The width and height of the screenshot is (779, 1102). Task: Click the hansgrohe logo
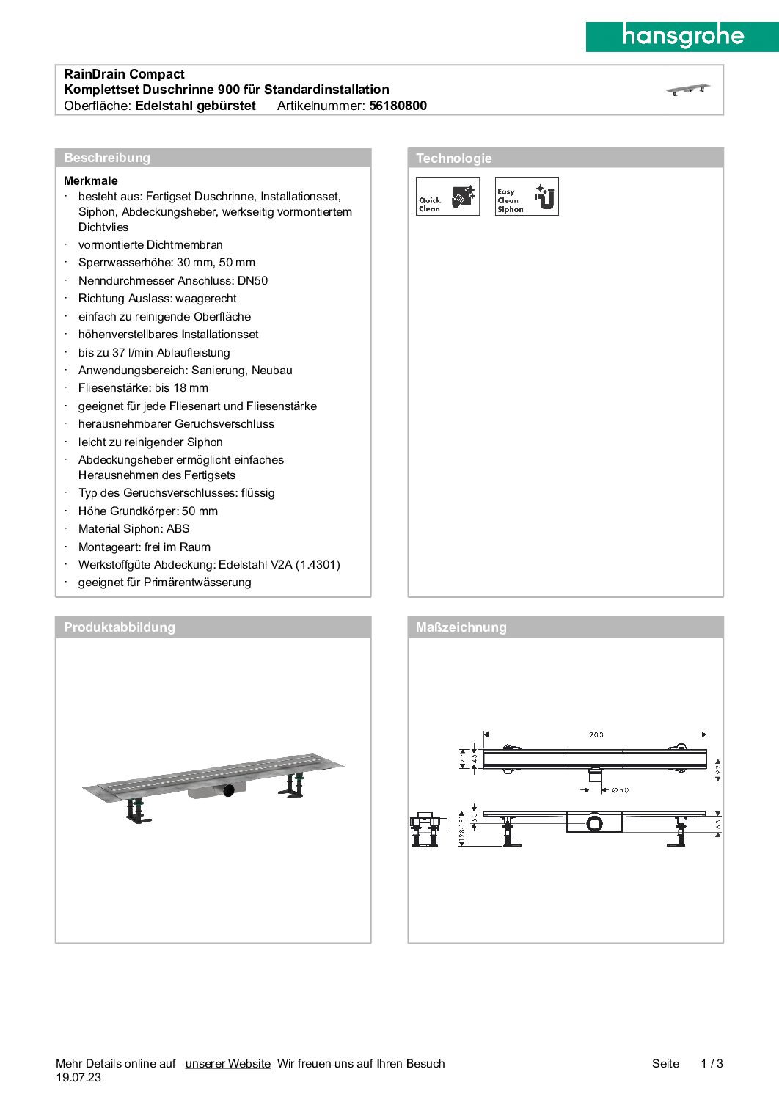(682, 36)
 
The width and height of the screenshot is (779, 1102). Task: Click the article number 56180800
(398, 106)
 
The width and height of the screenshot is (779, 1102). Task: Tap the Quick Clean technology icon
(447, 196)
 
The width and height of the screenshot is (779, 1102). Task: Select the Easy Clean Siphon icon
(527, 196)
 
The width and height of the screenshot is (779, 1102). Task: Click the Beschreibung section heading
(107, 158)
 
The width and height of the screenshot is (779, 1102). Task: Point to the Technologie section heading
(453, 158)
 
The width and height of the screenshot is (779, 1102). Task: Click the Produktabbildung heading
(120, 627)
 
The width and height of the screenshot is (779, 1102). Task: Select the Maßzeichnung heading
(461, 627)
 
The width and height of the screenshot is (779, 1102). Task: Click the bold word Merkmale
(90, 180)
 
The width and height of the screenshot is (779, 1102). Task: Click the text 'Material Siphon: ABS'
(134, 528)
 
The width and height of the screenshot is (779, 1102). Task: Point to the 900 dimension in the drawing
(596, 734)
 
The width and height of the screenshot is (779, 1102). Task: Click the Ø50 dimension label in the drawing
(620, 790)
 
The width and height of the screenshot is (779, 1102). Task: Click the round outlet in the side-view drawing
(595, 823)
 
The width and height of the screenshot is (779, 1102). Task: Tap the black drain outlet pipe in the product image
(229, 790)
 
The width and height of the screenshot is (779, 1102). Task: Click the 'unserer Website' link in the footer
(227, 1063)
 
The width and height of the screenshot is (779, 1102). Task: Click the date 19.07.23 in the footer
(78, 1078)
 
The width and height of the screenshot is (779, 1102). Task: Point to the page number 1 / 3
(712, 1063)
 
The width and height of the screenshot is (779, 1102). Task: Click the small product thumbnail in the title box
(687, 90)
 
